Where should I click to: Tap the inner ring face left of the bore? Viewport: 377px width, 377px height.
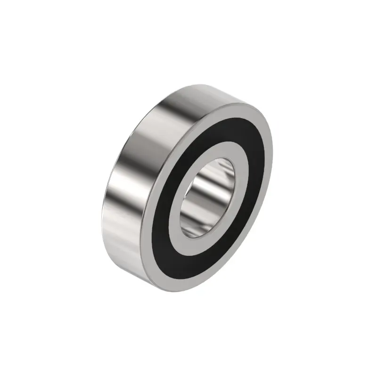point(182,203)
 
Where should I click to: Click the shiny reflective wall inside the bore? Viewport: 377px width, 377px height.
point(207,188)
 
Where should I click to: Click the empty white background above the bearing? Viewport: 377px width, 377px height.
point(188,38)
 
